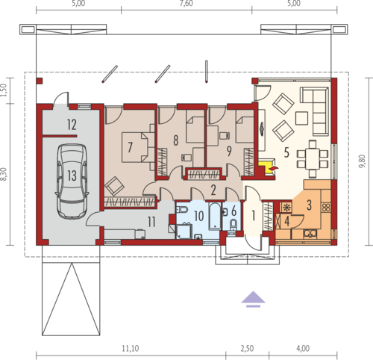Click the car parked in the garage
click(x=72, y=181)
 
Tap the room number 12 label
click(x=72, y=125)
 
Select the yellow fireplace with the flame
click(x=268, y=168)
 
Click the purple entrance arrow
click(x=253, y=300)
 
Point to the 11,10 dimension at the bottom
click(x=131, y=348)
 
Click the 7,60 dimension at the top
click(x=186, y=4)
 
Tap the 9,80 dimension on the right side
click(x=363, y=161)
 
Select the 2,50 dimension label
click(x=247, y=348)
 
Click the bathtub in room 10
click(x=215, y=216)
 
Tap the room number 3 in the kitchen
click(x=309, y=205)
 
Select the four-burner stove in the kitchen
click(x=326, y=207)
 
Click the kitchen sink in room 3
click(x=310, y=233)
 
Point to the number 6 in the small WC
click(x=233, y=211)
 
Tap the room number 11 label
click(x=151, y=222)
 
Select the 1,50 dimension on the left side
click(x=3, y=90)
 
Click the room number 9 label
click(x=229, y=151)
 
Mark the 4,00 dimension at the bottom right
click(x=303, y=348)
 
